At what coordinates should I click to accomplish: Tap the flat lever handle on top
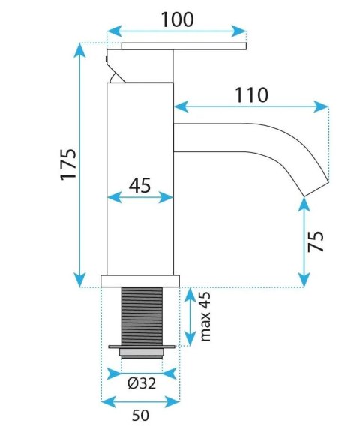[184, 46]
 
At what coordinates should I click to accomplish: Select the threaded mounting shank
[141, 316]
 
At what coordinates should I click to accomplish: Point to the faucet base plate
[141, 281]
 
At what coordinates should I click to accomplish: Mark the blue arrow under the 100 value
[177, 31]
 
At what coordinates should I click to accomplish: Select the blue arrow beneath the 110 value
[251, 106]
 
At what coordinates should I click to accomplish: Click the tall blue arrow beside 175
[79, 165]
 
